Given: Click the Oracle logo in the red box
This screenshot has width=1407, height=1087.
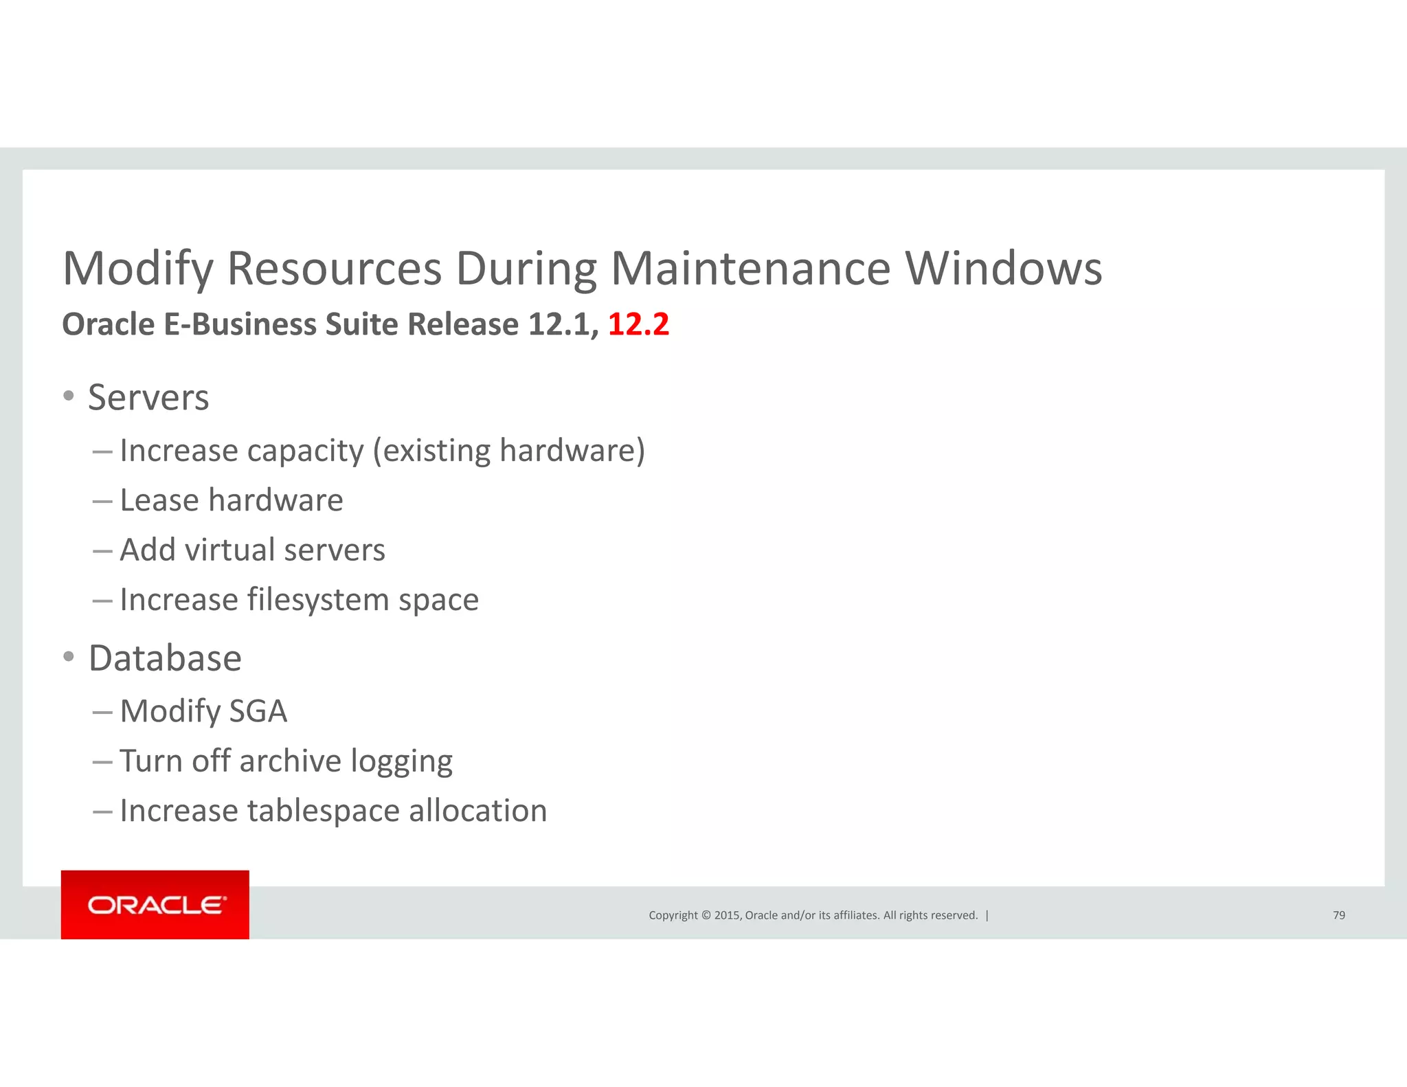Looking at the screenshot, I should point(156,905).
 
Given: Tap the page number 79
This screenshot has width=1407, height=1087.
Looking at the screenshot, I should point(1338,915).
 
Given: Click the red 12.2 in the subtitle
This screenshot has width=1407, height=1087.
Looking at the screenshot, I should point(638,324).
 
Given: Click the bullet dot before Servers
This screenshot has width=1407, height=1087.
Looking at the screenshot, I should point(68,396).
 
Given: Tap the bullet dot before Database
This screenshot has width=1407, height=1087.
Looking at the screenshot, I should point(68,657).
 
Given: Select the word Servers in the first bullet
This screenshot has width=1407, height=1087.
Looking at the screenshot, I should point(148,398).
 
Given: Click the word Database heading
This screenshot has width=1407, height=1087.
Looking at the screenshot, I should point(165,658).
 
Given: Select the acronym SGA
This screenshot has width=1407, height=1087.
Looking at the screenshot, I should point(258,711).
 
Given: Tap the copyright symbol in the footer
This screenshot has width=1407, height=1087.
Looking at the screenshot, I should point(705,915).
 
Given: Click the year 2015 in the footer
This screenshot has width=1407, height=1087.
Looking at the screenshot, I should point(727,915).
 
